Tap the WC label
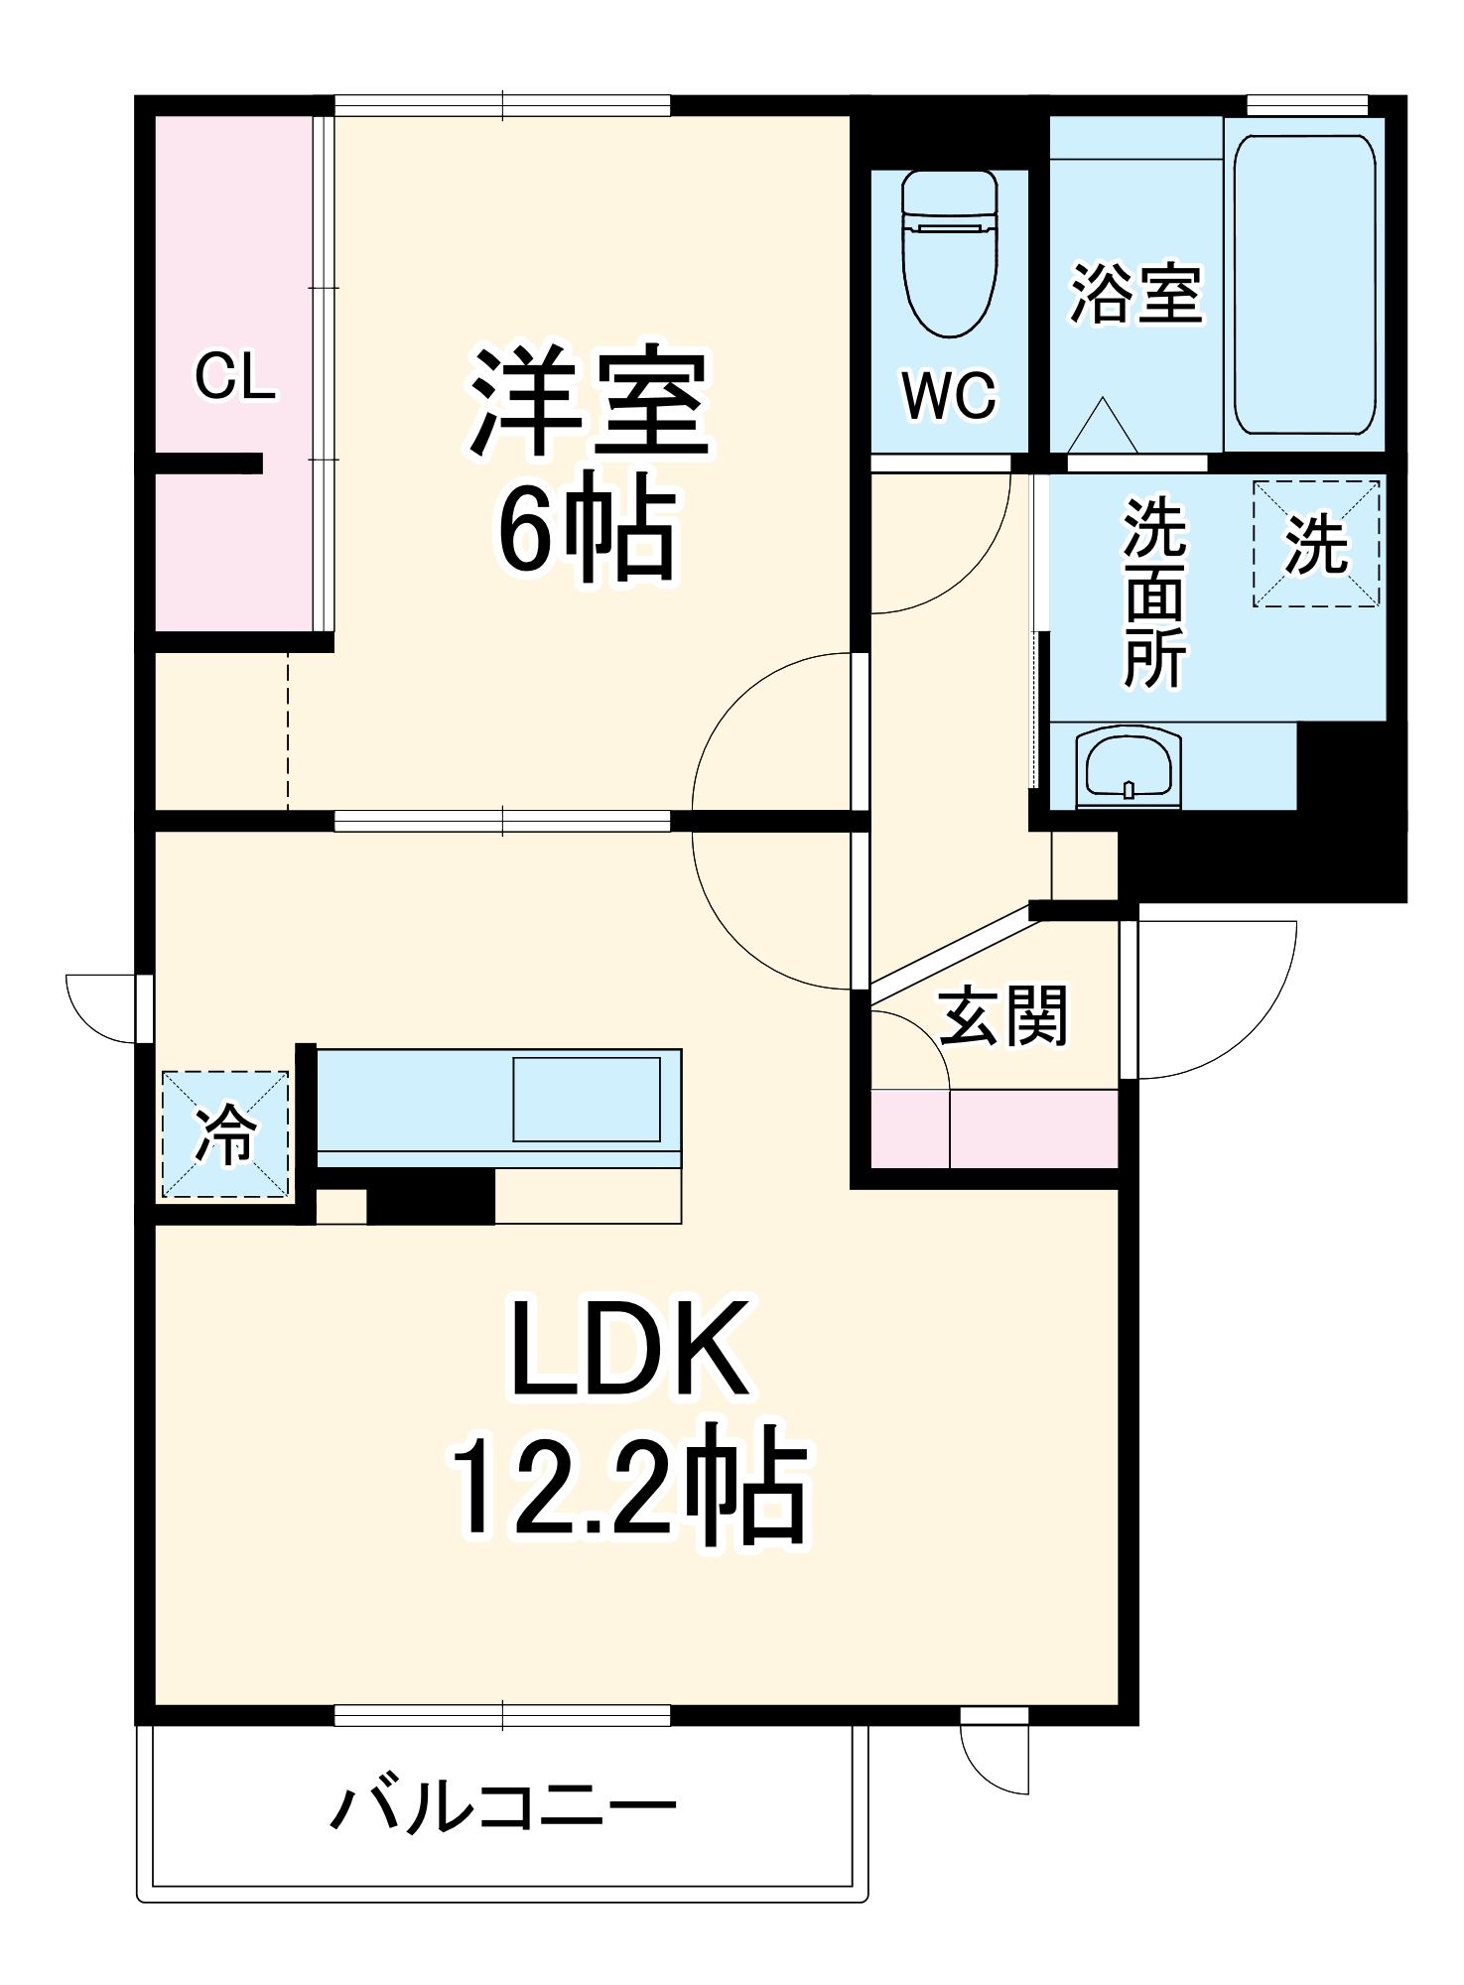tap(948, 395)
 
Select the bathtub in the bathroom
tap(1304, 284)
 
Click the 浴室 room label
tap(1134, 295)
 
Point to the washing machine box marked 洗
tap(1315, 544)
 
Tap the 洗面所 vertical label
tap(1153, 594)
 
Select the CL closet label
tap(234, 377)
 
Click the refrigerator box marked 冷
tap(225, 1133)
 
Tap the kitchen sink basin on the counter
tap(586, 1099)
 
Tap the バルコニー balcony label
tap(503, 1806)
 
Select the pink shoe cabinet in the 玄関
tap(995, 1128)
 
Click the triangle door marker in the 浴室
tap(1103, 427)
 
